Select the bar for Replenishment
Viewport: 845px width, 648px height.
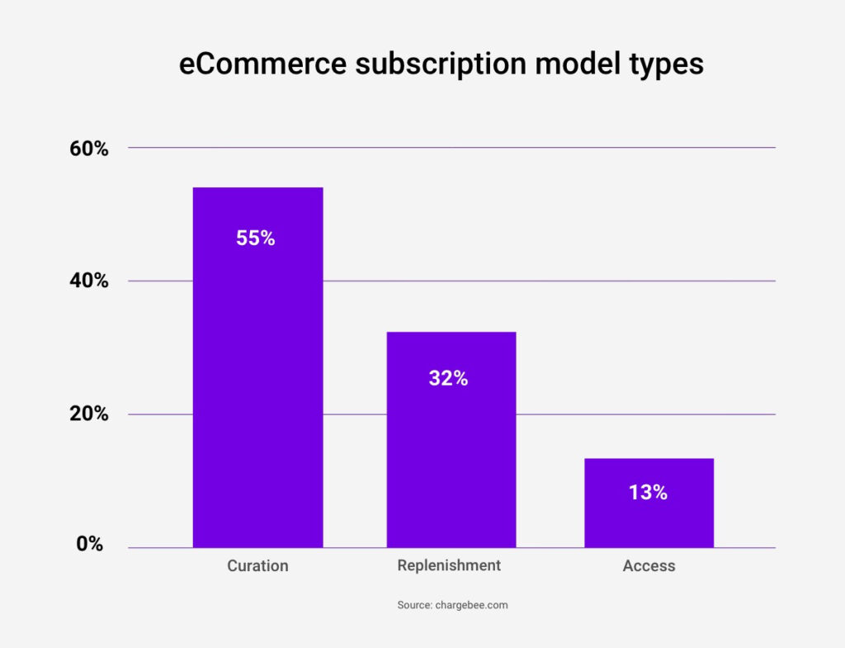click(451, 462)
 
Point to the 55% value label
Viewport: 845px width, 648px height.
click(255, 239)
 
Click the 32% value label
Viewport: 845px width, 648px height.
click(448, 379)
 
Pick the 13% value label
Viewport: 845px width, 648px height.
click(648, 493)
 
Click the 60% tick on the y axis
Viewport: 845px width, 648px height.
click(89, 149)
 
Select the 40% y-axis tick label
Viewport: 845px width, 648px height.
click(89, 281)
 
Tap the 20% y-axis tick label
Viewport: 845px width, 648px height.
click(89, 414)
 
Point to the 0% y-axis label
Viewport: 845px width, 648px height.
click(90, 544)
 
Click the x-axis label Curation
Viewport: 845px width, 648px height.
click(257, 566)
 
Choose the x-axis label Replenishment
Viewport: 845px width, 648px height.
click(449, 565)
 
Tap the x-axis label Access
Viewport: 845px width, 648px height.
click(649, 566)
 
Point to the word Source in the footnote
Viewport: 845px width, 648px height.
click(414, 605)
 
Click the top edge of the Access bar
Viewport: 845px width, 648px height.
click(649, 459)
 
